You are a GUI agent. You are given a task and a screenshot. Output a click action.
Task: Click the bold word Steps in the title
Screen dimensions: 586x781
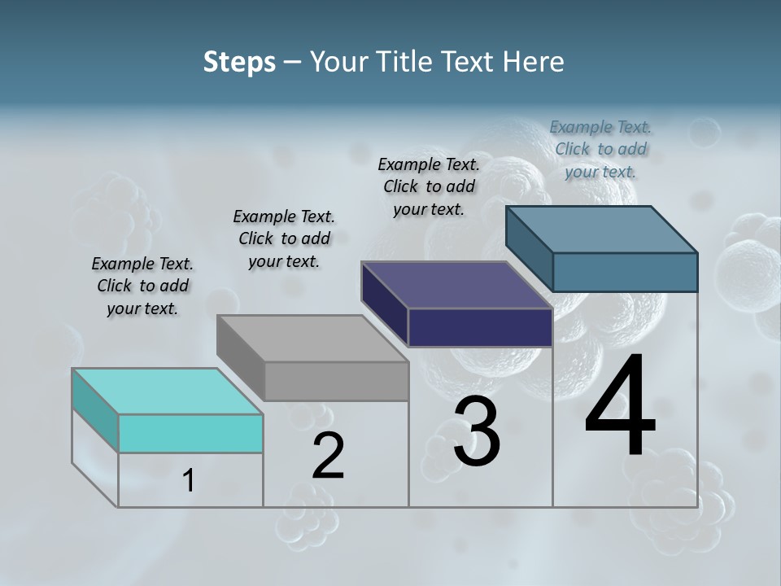pos(239,62)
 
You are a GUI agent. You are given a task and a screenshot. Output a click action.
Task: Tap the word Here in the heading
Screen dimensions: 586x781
pos(533,62)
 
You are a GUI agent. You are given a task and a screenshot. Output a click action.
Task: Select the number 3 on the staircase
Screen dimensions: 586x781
pos(477,431)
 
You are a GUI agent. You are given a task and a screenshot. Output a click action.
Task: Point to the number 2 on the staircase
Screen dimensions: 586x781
pos(329,456)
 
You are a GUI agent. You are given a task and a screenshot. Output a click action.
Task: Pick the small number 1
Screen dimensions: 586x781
pos(189,481)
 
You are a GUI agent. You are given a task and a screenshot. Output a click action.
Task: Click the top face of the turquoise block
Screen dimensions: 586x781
pos(167,391)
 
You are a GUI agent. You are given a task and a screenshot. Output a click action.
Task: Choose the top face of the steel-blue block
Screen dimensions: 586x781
pos(602,230)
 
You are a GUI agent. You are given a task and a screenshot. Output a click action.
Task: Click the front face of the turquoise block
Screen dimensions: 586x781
pos(190,433)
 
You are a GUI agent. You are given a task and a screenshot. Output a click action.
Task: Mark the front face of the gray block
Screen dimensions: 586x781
pos(336,381)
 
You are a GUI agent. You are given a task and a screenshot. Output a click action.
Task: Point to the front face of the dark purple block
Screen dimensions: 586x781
pos(480,327)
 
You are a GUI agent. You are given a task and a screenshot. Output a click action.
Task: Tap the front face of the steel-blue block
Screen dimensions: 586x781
pos(625,272)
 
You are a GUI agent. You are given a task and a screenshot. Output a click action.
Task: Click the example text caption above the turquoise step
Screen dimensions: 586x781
pos(142,286)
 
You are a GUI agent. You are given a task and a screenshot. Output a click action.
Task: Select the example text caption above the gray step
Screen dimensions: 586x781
pos(284,238)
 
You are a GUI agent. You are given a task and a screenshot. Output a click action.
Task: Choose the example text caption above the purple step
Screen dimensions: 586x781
pos(429,186)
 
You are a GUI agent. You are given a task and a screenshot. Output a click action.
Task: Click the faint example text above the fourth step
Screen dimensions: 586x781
pos(600,149)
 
